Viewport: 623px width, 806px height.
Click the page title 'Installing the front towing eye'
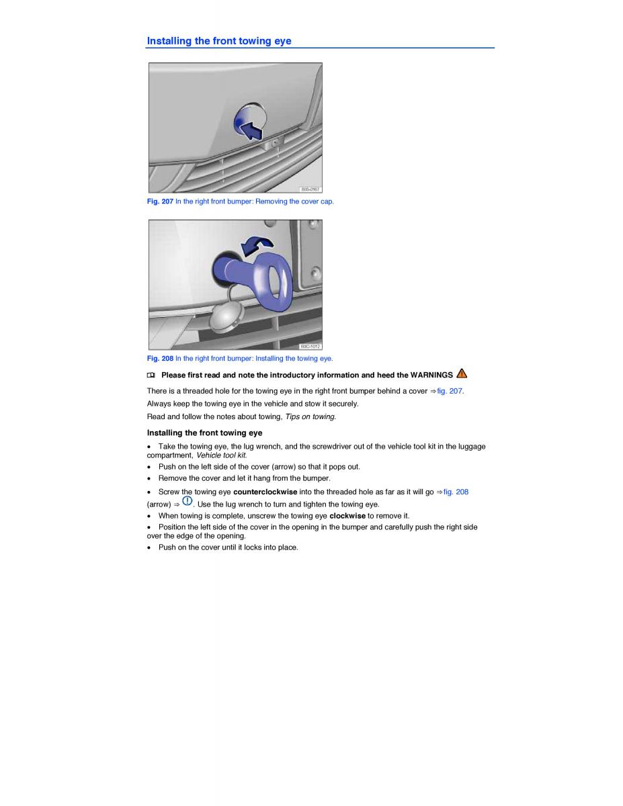click(x=219, y=41)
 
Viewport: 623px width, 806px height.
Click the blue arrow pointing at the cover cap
click(x=251, y=131)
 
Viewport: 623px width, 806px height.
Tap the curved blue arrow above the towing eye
click(x=257, y=245)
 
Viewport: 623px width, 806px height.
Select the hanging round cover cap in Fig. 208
click(x=226, y=316)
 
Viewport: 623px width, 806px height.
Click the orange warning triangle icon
click(x=462, y=373)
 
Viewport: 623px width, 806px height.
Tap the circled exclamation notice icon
click(x=188, y=501)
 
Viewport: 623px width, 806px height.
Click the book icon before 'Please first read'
click(x=151, y=375)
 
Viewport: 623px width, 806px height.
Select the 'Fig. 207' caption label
click(x=160, y=201)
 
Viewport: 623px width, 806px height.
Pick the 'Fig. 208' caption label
click(x=160, y=358)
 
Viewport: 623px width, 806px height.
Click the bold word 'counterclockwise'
click(x=265, y=492)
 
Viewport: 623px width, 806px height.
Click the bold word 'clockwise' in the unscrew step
click(x=347, y=516)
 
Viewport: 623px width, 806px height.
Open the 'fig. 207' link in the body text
click(x=450, y=391)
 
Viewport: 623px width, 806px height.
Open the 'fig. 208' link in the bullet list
click(x=456, y=492)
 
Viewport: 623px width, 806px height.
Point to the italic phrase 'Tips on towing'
click(x=310, y=416)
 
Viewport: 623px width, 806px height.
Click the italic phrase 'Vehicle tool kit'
click(x=221, y=455)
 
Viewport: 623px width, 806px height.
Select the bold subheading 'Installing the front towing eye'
click(x=204, y=433)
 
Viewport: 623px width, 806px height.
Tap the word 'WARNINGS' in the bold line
click(x=431, y=375)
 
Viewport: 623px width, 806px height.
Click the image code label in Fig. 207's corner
click(x=310, y=189)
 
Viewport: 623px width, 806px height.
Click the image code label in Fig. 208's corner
click(x=310, y=347)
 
